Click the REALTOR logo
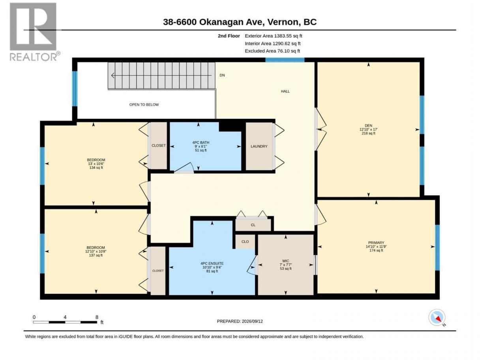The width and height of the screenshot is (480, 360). coord(35,32)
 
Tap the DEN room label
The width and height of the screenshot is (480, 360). coord(368,126)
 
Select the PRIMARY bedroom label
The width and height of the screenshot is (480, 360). coord(376,242)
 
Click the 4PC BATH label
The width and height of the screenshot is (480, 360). coord(201,142)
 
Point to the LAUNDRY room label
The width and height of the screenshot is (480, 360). coord(259,146)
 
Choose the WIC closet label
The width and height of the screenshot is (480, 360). coord(285,261)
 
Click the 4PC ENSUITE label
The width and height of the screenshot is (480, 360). coord(212,263)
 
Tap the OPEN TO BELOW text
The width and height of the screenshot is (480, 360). coord(144,105)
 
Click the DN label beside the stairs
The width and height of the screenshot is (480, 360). coord(222,75)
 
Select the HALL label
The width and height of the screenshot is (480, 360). coord(285,91)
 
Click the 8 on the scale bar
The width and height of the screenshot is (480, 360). coord(97,317)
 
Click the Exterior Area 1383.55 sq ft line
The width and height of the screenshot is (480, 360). coord(273,36)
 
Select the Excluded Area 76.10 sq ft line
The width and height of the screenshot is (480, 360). coord(272,51)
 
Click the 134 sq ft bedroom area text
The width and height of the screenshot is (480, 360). coord(96,168)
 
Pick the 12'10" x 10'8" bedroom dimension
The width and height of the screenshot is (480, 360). coord(96,251)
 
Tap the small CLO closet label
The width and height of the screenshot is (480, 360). coord(245,242)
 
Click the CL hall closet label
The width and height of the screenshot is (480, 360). coord(253,225)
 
